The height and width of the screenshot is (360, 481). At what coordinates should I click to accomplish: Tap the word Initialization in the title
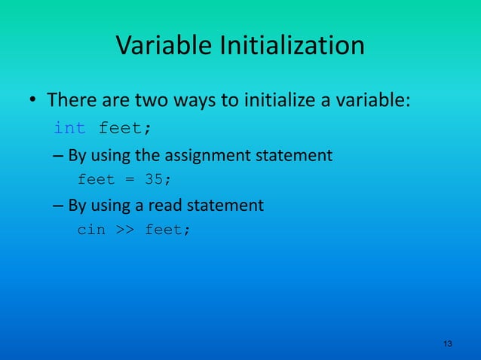(x=291, y=46)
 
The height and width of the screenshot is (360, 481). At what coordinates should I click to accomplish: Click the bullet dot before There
(x=33, y=101)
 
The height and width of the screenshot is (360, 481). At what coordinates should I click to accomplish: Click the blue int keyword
(x=69, y=128)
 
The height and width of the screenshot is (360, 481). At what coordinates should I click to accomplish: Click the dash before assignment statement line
(x=58, y=157)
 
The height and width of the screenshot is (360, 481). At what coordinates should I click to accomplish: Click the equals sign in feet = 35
(x=129, y=179)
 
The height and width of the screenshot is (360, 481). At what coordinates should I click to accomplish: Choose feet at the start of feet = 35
(x=96, y=179)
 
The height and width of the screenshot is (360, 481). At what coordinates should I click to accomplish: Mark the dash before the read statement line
(x=58, y=206)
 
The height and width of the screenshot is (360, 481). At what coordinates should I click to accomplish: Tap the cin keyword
(x=91, y=230)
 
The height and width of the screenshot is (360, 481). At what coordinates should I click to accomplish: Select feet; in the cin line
(x=167, y=230)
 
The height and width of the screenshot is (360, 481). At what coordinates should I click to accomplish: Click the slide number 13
(x=448, y=343)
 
